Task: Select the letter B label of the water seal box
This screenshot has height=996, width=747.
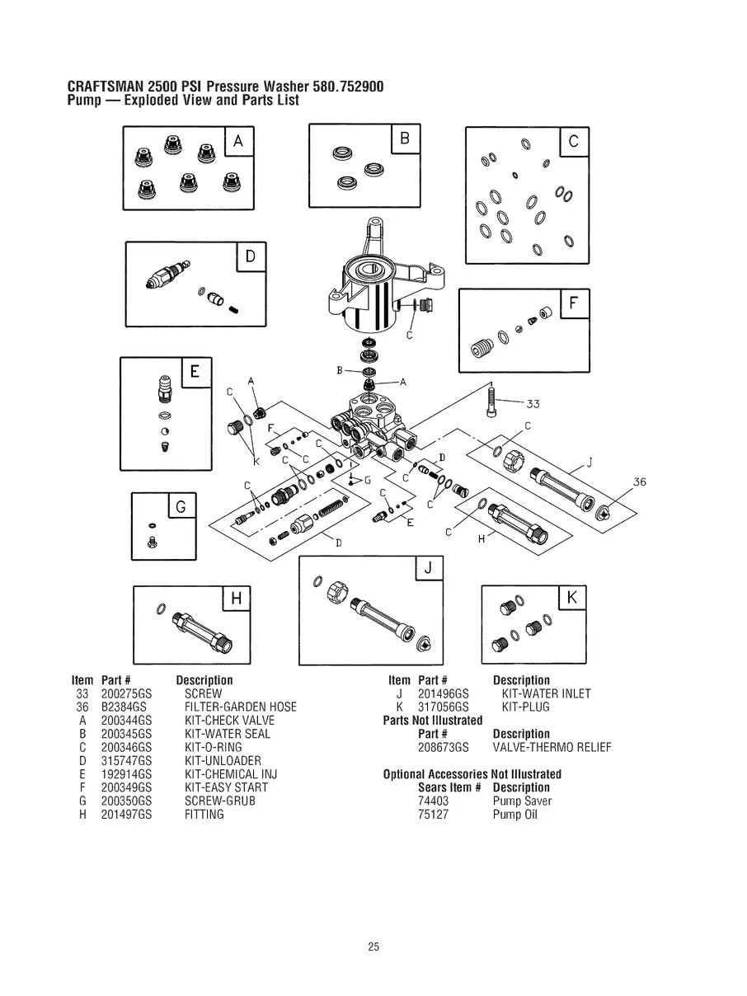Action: (x=405, y=138)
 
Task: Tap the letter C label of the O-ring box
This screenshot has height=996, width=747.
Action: (x=574, y=142)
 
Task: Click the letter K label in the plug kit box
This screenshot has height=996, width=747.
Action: (x=572, y=598)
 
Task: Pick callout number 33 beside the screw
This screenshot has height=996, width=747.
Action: (x=533, y=404)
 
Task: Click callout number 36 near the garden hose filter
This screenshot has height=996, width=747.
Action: (x=640, y=482)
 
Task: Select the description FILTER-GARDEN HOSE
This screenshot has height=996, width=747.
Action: (x=240, y=707)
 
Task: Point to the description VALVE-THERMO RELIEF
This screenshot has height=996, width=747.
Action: (x=552, y=748)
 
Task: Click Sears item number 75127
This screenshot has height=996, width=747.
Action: (x=433, y=815)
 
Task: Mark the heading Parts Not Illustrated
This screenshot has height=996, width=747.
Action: (x=433, y=721)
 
